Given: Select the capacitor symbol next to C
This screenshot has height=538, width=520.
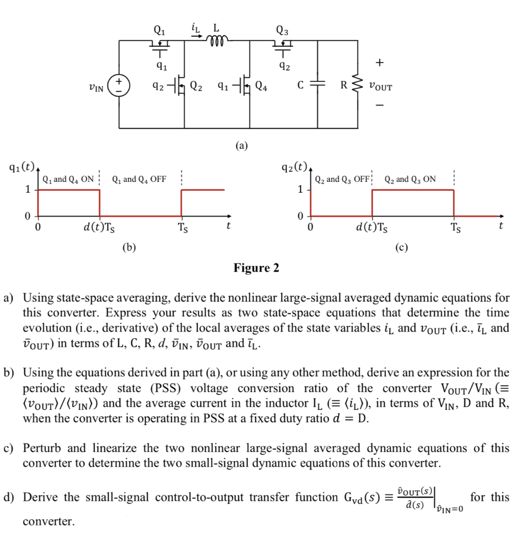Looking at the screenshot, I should tap(317, 85).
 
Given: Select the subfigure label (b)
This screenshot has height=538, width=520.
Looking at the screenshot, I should tap(129, 246).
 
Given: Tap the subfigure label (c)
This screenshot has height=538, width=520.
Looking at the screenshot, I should tap(402, 246).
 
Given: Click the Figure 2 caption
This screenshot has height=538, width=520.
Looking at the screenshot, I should tap(257, 268).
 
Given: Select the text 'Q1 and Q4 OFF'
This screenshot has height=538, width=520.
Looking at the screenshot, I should tap(139, 179).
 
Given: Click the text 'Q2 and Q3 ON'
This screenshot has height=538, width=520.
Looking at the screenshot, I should tap(410, 179).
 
